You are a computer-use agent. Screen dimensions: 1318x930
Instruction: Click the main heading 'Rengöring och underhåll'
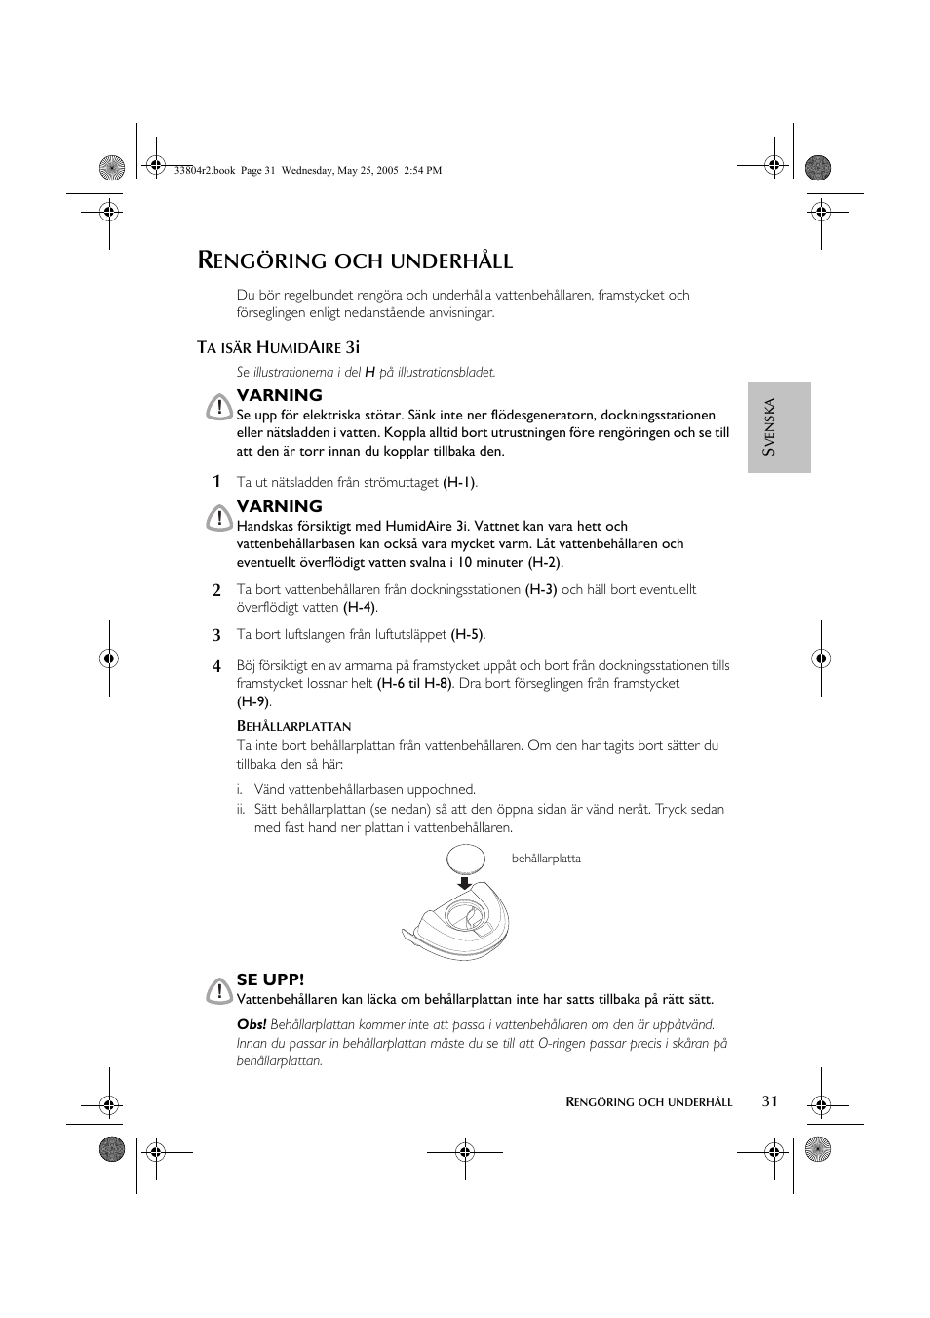(x=355, y=260)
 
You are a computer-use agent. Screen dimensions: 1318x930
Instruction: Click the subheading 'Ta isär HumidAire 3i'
(x=279, y=346)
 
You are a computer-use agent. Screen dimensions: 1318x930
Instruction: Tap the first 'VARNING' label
(x=279, y=395)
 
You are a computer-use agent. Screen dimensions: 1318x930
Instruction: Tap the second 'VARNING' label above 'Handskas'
(x=279, y=506)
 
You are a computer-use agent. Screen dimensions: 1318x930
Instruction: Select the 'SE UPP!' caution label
(x=270, y=979)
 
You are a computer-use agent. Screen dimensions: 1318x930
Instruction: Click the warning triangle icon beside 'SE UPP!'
(x=219, y=992)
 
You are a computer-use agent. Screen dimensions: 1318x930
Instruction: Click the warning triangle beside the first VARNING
(x=219, y=407)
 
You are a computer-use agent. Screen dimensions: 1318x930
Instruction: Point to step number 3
(x=217, y=635)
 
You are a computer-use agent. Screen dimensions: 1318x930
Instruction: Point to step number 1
(x=217, y=481)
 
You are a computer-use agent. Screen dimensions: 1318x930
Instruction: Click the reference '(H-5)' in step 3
(x=467, y=635)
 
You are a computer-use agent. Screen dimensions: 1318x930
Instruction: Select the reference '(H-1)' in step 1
(x=459, y=482)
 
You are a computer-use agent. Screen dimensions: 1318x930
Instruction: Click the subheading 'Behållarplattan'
(x=293, y=726)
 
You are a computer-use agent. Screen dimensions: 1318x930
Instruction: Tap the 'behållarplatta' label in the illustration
(x=546, y=859)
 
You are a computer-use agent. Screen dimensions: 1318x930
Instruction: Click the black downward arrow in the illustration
(x=465, y=883)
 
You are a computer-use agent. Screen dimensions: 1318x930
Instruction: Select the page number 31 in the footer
(x=770, y=1101)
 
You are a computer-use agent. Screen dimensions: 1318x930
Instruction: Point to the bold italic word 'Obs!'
(x=252, y=1025)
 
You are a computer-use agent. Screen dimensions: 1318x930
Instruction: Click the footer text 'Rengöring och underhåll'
(x=649, y=1102)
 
